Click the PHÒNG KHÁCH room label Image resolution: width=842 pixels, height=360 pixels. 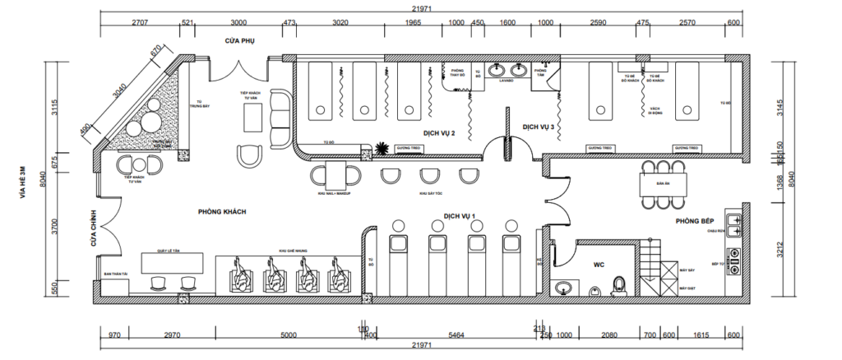[222, 211]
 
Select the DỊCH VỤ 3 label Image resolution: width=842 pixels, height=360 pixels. [540, 127]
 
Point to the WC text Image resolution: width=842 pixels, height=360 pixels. [600, 266]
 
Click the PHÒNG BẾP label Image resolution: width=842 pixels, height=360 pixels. [694, 221]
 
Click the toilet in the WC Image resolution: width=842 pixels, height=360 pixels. [621, 284]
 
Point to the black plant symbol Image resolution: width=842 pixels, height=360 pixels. [382, 149]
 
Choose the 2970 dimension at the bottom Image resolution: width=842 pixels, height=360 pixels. [172, 335]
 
